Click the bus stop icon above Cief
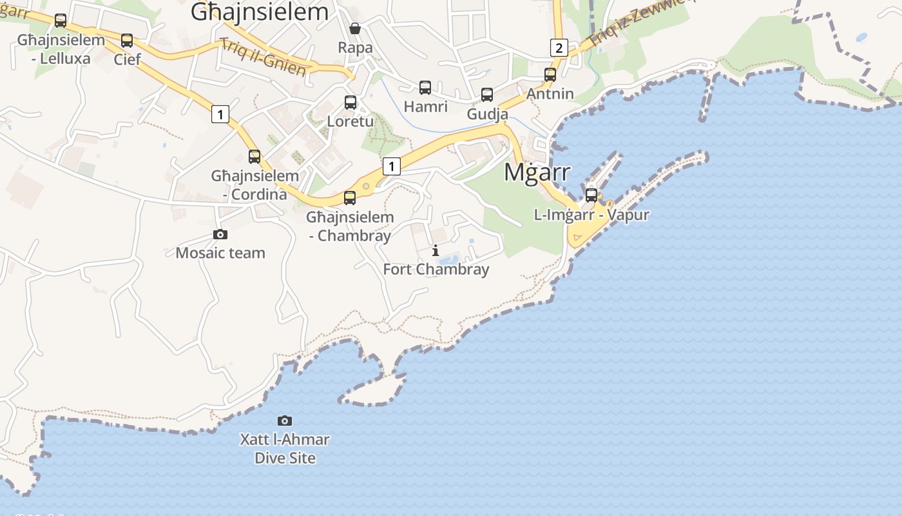[127, 41]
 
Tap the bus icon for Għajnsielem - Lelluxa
[61, 21]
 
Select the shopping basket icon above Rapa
[354, 28]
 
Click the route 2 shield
[559, 47]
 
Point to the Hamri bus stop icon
[425, 87]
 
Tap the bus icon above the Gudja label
[487, 95]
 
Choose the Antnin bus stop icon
[550, 74]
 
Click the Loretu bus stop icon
[350, 102]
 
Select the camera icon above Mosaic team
[220, 235]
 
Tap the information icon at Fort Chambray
[436, 250]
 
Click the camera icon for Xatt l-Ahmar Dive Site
[285, 421]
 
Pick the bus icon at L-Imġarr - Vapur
[591, 195]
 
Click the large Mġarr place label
[537, 172]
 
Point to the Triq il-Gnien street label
[262, 57]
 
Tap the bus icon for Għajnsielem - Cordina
[254, 156]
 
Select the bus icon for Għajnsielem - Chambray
[350, 197]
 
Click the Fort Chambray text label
[436, 269]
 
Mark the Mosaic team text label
[220, 253]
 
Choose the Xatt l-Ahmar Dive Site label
[285, 449]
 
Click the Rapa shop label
[355, 47]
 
